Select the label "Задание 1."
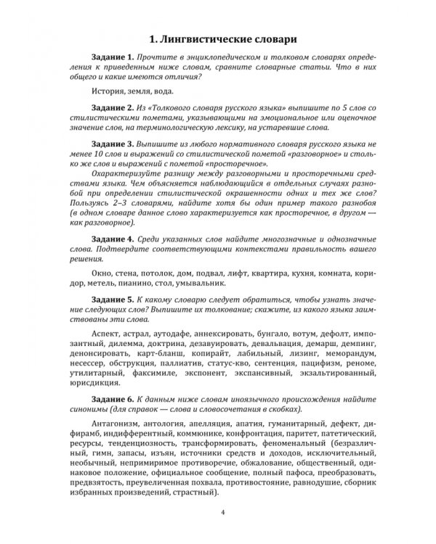tap(115, 57)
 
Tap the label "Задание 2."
tap(115, 107)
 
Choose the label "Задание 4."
tap(115, 238)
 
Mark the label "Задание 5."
tap(115, 298)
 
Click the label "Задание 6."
tap(115, 399)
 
